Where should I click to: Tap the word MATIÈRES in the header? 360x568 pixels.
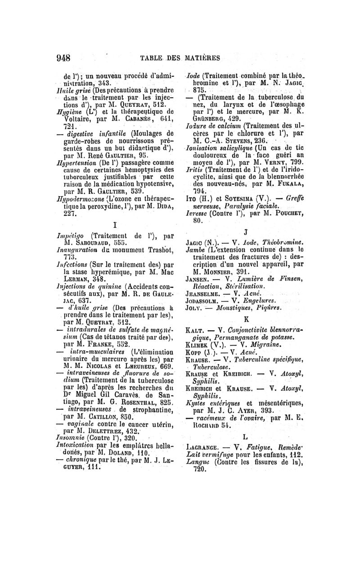[x=200, y=57]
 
